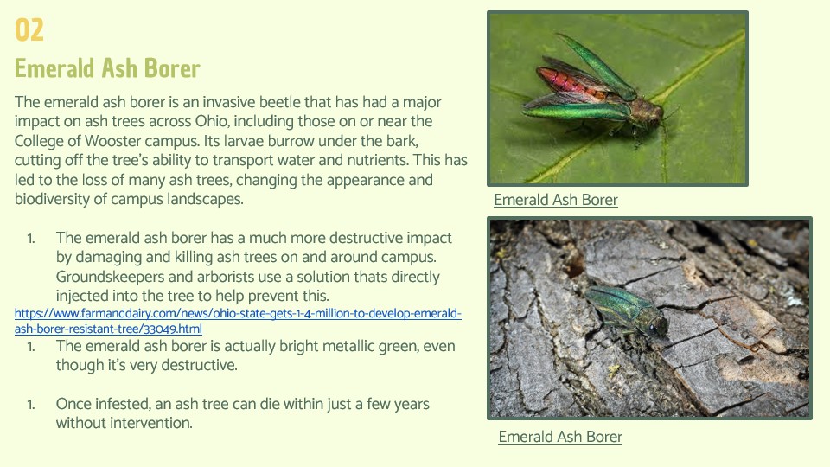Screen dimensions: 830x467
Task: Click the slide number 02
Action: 29,29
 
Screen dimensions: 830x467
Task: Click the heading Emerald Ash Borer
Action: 107,68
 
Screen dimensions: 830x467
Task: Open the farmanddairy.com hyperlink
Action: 238,321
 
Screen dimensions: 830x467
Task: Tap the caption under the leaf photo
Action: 556,200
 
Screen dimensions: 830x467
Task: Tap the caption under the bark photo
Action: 560,436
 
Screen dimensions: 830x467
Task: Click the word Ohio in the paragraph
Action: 212,121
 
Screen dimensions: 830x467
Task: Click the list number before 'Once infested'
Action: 31,405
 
